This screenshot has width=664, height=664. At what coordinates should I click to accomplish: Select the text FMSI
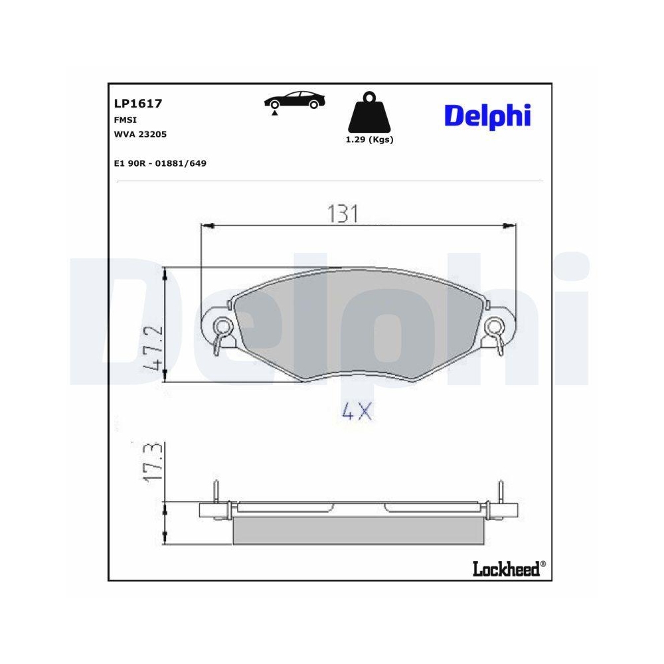125,120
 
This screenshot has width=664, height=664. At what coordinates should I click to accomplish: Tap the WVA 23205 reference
140,134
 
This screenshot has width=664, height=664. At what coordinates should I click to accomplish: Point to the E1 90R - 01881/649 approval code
160,163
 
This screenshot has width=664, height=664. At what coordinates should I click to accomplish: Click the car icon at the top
295,101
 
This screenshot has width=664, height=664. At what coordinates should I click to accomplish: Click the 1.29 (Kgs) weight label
369,140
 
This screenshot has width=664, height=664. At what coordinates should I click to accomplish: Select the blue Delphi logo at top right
487,116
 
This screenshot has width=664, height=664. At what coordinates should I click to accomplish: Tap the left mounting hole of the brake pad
223,325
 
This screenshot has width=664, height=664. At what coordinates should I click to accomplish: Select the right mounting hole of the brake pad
493,325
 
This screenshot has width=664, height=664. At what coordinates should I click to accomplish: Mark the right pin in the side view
501,493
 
